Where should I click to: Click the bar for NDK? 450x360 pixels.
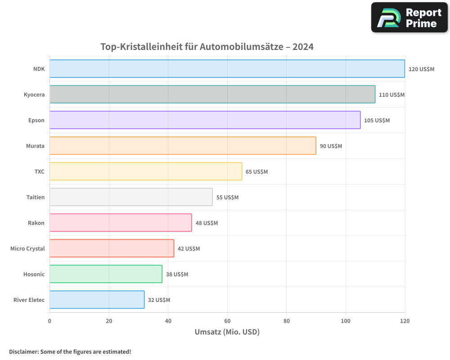[227, 69]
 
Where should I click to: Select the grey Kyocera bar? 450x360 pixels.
[212, 94]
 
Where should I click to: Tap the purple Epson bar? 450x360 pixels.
[205, 120]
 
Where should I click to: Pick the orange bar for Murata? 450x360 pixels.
[183, 146]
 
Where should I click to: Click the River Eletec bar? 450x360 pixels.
[97, 300]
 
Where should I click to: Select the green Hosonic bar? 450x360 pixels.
[106, 274]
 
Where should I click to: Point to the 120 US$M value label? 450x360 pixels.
[421, 69]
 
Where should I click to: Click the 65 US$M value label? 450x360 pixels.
[256, 172]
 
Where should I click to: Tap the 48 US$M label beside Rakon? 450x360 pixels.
[207, 223]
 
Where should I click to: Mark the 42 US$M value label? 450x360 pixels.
[189, 249]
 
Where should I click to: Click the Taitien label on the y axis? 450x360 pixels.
[36, 197]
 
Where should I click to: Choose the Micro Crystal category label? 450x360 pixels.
[27, 248]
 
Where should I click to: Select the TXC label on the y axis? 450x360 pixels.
[40, 171]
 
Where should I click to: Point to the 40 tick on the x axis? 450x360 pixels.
[168, 321]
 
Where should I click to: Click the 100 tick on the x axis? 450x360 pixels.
[346, 321]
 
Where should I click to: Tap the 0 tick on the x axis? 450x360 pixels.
[49, 321]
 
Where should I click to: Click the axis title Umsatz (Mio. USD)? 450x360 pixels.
[227, 332]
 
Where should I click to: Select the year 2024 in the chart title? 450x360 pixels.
[303, 47]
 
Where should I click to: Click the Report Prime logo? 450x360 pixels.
[409, 18]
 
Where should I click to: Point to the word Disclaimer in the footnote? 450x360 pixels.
[23, 352]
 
